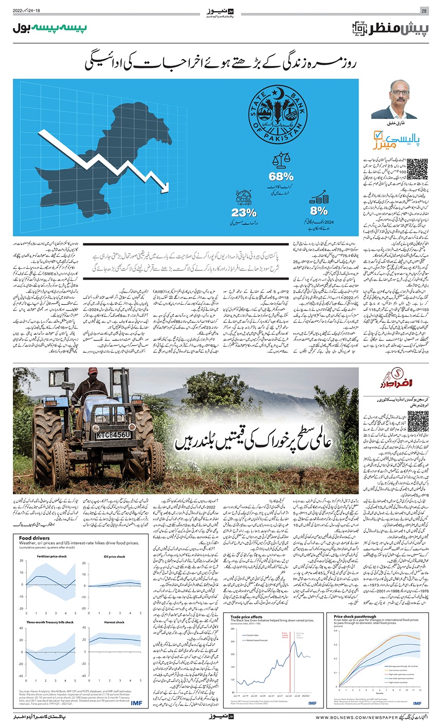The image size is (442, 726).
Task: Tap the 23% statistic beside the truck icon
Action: tap(243, 212)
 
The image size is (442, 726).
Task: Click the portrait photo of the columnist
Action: tap(394, 99)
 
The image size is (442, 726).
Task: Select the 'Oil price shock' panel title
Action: tap(114, 556)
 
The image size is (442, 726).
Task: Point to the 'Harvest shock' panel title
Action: tap(114, 622)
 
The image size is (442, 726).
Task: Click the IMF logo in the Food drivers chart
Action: tap(136, 703)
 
